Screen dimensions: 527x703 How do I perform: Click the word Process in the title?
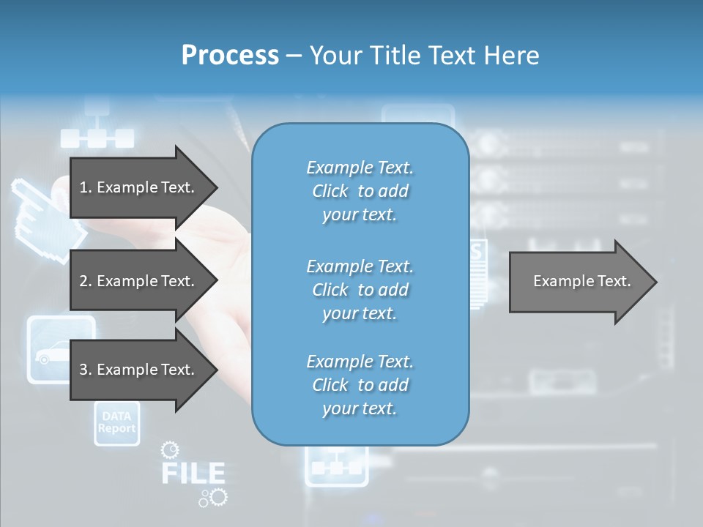click(x=230, y=56)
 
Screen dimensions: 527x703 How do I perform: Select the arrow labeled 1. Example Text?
click(x=143, y=187)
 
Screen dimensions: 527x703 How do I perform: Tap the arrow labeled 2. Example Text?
click(x=143, y=281)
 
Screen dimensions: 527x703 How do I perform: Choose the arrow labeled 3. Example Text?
click(x=143, y=370)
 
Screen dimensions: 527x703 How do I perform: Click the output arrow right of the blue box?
click(x=582, y=282)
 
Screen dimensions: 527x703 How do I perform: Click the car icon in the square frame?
click(x=61, y=350)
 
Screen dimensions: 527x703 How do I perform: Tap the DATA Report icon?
click(x=116, y=423)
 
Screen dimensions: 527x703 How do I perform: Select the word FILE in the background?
click(x=193, y=473)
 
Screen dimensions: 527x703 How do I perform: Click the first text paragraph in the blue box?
click(x=360, y=191)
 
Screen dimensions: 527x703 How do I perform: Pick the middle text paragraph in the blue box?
click(x=360, y=290)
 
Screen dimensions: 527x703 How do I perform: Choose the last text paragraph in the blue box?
click(x=360, y=385)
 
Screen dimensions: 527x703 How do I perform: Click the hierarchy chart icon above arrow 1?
click(x=97, y=126)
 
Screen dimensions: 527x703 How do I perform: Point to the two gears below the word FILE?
click(x=213, y=498)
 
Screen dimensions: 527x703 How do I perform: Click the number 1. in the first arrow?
click(x=86, y=187)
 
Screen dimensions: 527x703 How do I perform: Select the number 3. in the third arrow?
click(x=86, y=370)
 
